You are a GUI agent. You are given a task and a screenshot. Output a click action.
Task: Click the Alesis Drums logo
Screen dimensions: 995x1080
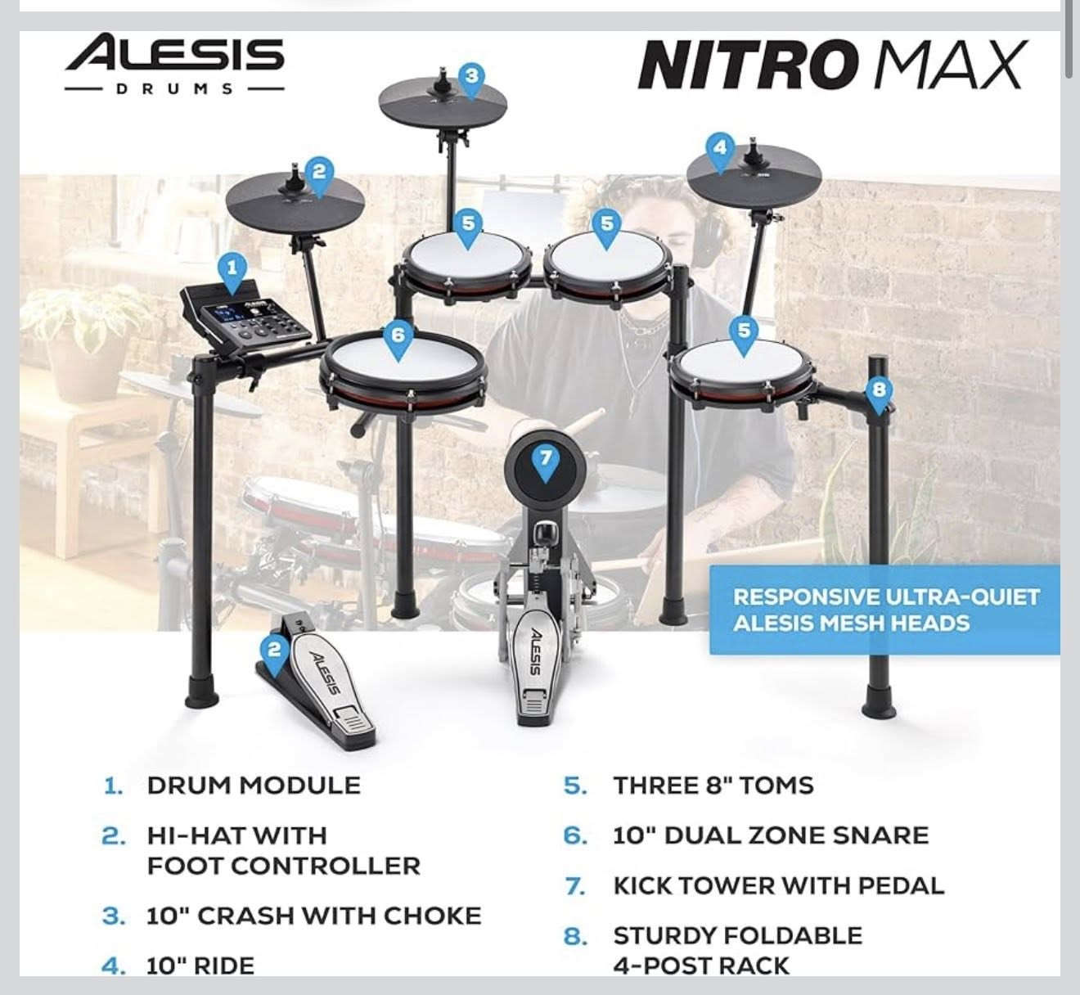174,64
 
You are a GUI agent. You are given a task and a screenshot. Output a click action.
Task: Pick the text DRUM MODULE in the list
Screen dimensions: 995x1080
254,786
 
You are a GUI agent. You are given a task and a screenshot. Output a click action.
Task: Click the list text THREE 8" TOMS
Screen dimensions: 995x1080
713,786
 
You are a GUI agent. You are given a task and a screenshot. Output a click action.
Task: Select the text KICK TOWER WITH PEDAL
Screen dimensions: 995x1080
778,885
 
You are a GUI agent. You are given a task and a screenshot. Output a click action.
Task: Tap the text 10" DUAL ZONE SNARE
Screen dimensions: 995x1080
771,835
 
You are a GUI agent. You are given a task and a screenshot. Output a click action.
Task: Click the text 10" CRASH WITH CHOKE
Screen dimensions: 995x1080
313,916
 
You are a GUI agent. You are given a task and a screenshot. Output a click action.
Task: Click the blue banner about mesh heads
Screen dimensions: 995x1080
884,610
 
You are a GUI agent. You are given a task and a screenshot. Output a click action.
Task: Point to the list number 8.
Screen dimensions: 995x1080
575,936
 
